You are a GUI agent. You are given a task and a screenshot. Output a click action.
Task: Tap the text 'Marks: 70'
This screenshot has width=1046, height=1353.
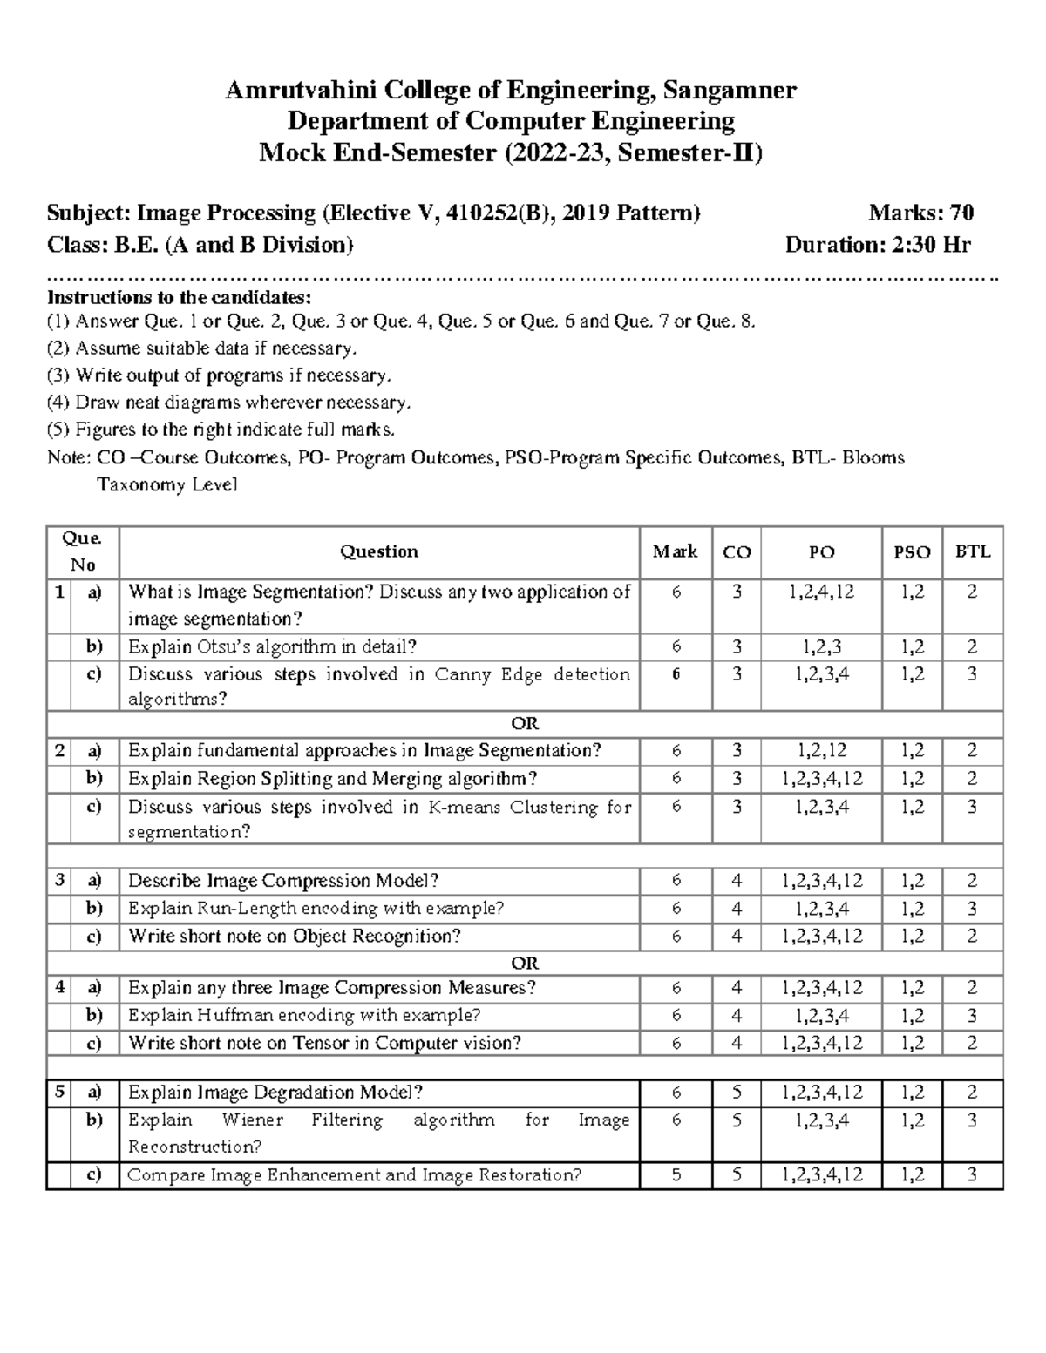[x=920, y=213]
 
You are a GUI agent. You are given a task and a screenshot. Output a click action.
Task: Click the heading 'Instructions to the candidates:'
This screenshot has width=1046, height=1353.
[x=179, y=296]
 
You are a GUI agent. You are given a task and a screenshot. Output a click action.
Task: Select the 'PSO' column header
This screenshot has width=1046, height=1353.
[x=912, y=552]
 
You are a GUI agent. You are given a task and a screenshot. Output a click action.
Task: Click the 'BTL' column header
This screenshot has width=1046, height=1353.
[x=972, y=551]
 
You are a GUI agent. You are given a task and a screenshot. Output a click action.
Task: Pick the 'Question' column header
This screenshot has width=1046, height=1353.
[x=379, y=551]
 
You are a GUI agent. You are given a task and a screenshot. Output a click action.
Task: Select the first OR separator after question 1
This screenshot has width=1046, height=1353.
[x=525, y=724]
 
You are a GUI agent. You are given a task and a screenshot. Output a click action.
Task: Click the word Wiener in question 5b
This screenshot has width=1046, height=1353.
[x=253, y=1120]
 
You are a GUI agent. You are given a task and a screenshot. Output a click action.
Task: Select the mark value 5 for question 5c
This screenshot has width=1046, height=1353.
[x=676, y=1175]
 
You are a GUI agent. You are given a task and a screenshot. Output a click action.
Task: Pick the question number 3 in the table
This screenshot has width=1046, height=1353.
[x=59, y=881]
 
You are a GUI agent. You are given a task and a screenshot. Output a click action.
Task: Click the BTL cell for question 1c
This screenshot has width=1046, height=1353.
[x=972, y=674]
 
